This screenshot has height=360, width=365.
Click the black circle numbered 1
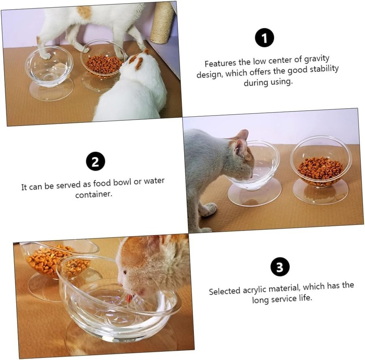pyautogui.click(x=264, y=37)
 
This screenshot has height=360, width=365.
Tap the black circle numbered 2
pyautogui.click(x=95, y=161)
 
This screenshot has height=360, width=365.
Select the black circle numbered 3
pyautogui.click(x=280, y=267)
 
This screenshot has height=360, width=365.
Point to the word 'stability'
pyautogui.click(x=324, y=69)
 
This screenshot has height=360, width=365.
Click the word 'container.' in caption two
pyautogui.click(x=94, y=194)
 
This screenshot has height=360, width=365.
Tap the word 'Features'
pyautogui.click(x=220, y=63)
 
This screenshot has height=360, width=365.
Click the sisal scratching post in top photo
pyautogui.click(x=163, y=22)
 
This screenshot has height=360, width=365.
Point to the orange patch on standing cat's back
pyautogui.click(x=84, y=12)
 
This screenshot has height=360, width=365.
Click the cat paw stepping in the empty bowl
pyautogui.click(x=45, y=55)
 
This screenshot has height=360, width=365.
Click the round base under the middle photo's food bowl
pyautogui.click(x=321, y=192)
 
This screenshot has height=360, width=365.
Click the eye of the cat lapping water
pyautogui.click(x=125, y=272)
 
